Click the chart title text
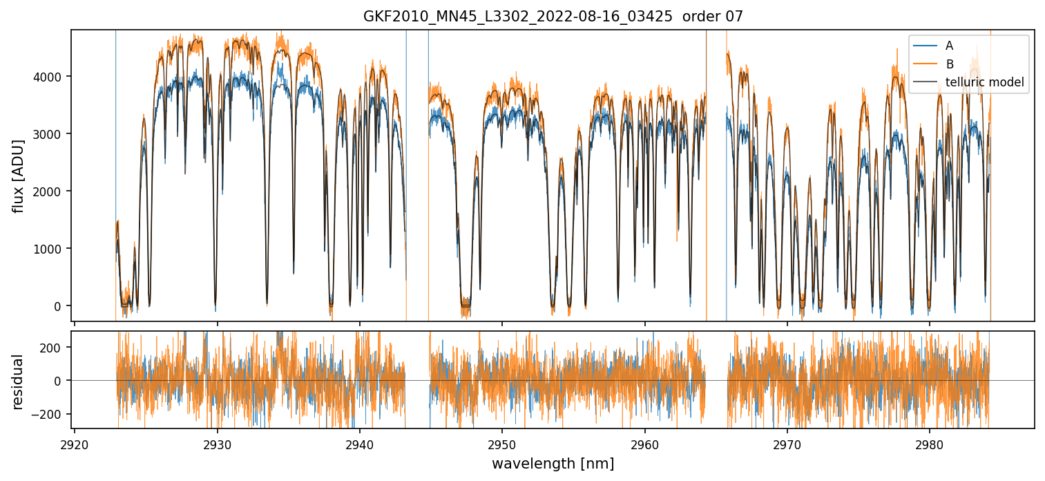pos(553,17)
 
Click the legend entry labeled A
pos(949,46)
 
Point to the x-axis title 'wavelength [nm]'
pos(553,463)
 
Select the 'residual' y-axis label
pos(18,381)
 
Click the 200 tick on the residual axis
pos(53,347)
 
